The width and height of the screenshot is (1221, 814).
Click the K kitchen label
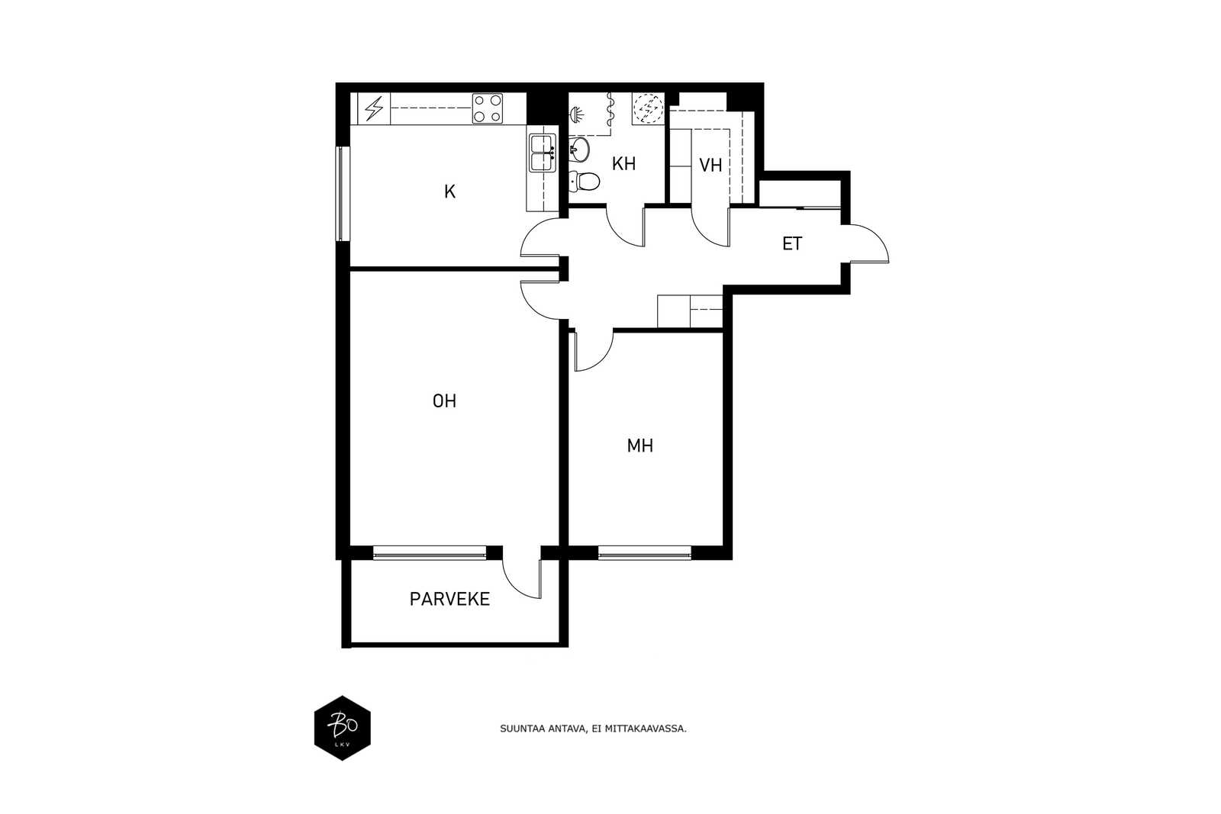point(449,191)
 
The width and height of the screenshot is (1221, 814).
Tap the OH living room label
point(444,401)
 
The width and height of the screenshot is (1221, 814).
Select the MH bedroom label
point(640,446)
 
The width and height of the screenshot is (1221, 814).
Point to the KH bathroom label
point(623,164)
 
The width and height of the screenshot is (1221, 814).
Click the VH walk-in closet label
point(710,165)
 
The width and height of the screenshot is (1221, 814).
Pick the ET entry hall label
point(792,243)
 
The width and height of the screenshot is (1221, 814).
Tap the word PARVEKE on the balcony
point(449,600)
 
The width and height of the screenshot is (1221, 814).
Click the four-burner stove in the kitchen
point(488,108)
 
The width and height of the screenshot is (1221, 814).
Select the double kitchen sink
point(543,153)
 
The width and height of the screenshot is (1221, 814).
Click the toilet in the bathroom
point(584,181)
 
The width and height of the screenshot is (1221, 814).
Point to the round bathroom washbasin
point(579,150)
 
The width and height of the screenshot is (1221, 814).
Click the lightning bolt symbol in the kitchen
point(374,108)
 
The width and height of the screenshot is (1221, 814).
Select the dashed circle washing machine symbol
point(649,108)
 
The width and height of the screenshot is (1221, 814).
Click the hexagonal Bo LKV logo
point(343,728)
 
